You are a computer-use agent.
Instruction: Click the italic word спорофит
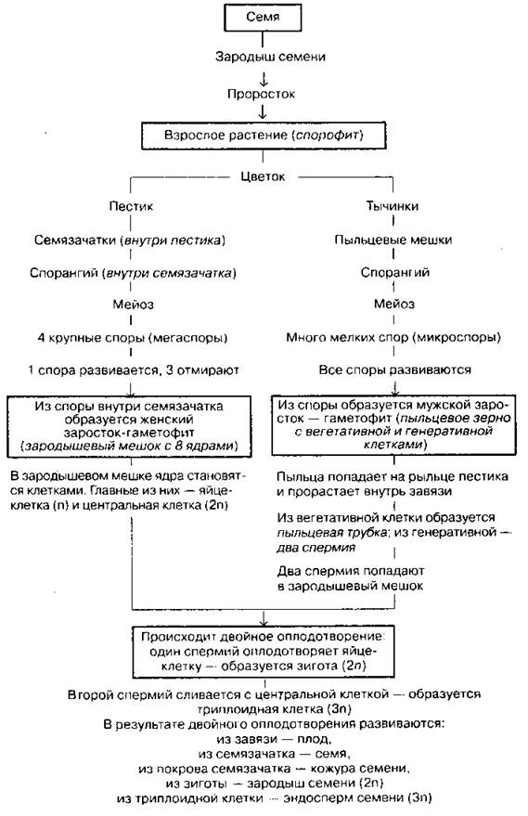coord(327,136)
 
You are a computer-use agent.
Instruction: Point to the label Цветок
coord(263,176)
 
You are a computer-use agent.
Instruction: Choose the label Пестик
coord(131,206)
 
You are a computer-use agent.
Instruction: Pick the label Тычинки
coord(393,206)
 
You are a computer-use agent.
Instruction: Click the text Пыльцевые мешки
coord(393,240)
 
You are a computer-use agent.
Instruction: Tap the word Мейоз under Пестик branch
coord(134,304)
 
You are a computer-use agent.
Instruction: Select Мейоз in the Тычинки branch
coord(394,304)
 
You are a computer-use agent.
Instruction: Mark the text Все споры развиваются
coord(394,370)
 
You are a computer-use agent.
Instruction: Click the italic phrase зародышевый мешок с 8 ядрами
coord(131,447)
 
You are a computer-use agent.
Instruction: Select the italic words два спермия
coord(316,548)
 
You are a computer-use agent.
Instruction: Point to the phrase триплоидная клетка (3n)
coord(274,709)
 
